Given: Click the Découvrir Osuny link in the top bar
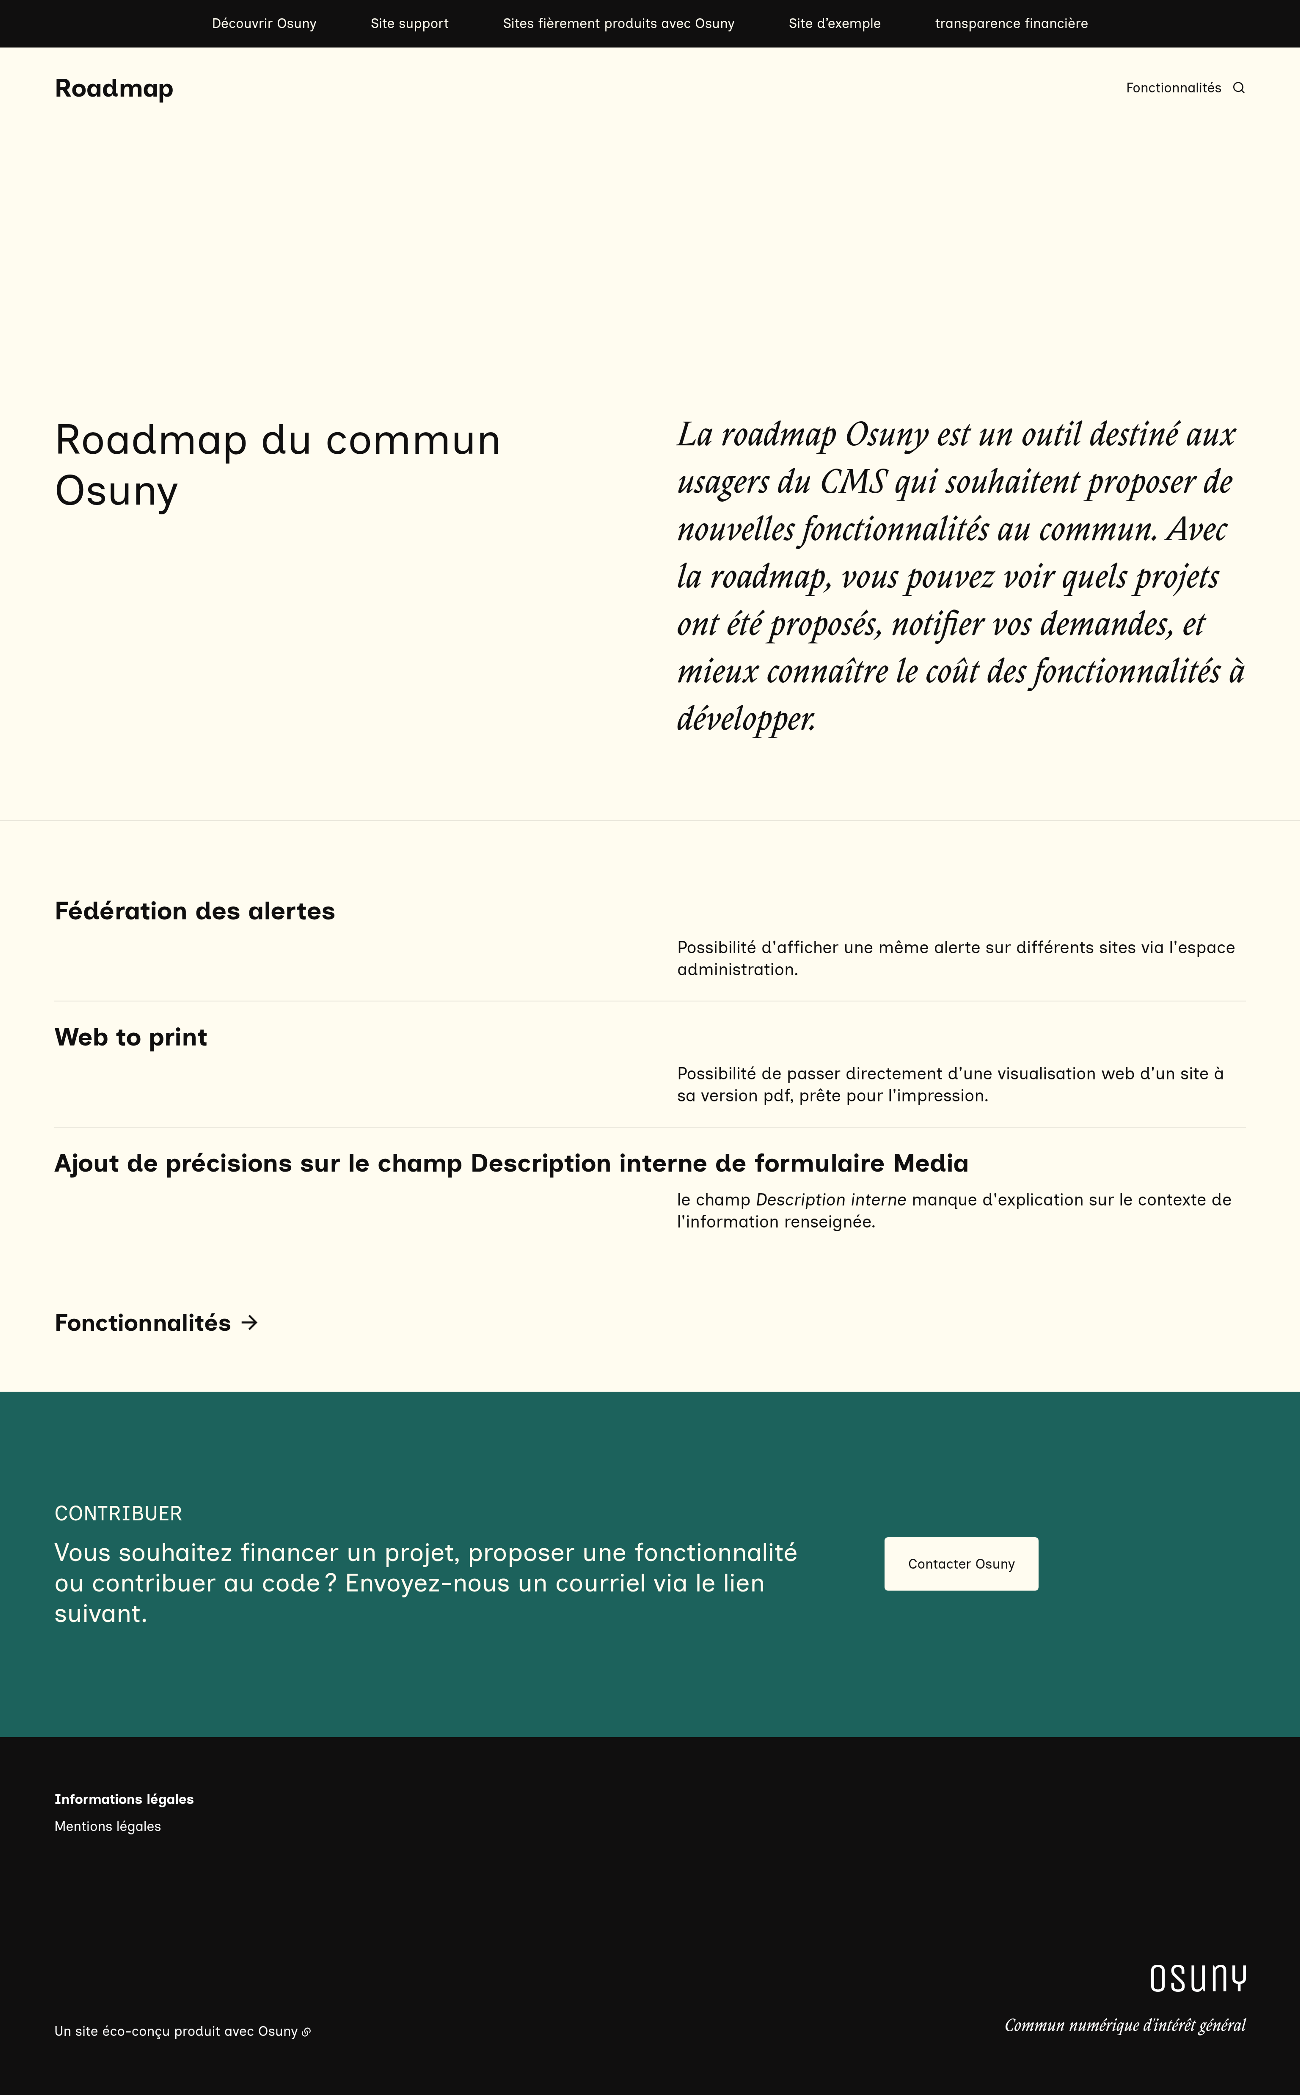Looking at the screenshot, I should click(x=264, y=23).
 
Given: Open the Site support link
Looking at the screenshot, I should click(x=409, y=23).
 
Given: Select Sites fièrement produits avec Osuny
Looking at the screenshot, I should click(x=618, y=23).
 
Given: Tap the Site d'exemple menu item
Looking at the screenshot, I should click(x=834, y=23).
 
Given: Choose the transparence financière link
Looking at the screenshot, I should click(x=1011, y=23).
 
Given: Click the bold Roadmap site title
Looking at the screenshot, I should click(x=113, y=88).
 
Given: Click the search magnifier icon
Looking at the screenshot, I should click(x=1238, y=88).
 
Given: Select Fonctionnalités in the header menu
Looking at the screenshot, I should click(x=1173, y=88).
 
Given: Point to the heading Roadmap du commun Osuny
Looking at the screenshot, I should click(x=277, y=464).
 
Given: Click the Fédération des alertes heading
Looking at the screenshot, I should click(x=194, y=910).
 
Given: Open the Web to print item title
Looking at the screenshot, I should click(x=131, y=1037).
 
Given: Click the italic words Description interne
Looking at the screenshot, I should click(x=830, y=1199).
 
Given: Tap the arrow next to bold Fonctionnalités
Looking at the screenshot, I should click(x=249, y=1322).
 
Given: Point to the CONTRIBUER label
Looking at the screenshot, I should click(x=118, y=1513).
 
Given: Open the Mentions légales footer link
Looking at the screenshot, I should click(x=107, y=1826).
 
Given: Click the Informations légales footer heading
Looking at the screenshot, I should click(x=124, y=1799).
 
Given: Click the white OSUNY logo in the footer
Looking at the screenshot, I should click(x=1198, y=1978).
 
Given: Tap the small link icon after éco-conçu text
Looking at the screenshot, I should click(x=306, y=2032).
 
